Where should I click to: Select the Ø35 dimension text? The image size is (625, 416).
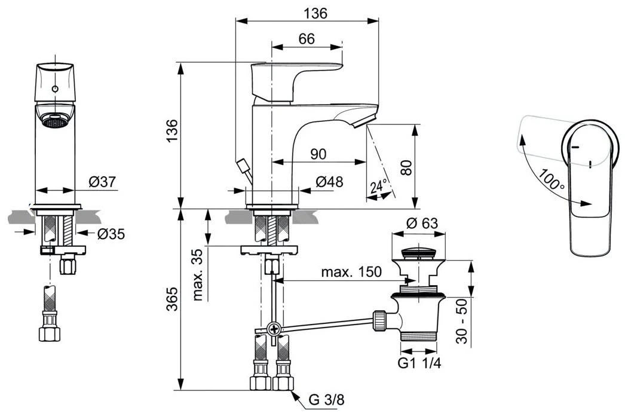[x=111, y=234]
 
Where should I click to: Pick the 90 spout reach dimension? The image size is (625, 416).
[x=318, y=154]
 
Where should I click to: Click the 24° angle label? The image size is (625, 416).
[x=379, y=186]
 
